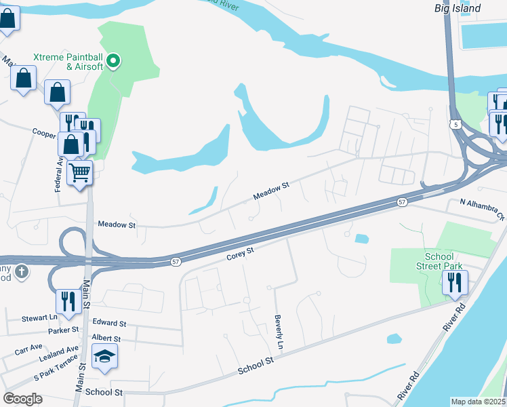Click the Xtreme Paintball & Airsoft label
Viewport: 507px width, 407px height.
pyautogui.click(x=67, y=62)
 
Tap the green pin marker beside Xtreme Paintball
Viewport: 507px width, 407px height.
pyautogui.click(x=115, y=62)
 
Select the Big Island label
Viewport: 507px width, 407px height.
pyautogui.click(x=458, y=8)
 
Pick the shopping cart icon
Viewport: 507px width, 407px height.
pyautogui.click(x=80, y=174)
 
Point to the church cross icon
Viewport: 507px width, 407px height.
pyautogui.click(x=21, y=271)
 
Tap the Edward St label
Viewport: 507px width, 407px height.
pyautogui.click(x=110, y=324)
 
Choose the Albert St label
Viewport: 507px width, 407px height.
pyautogui.click(x=106, y=338)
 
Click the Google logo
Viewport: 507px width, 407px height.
pyautogui.click(x=23, y=398)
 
